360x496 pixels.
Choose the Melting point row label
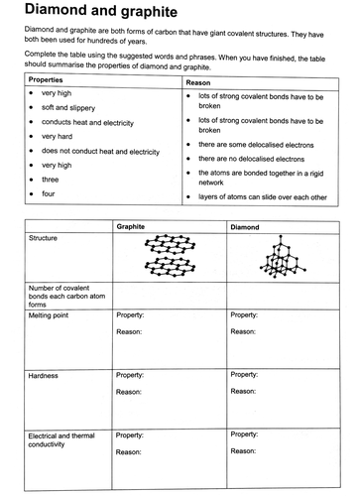click(x=52, y=314)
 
